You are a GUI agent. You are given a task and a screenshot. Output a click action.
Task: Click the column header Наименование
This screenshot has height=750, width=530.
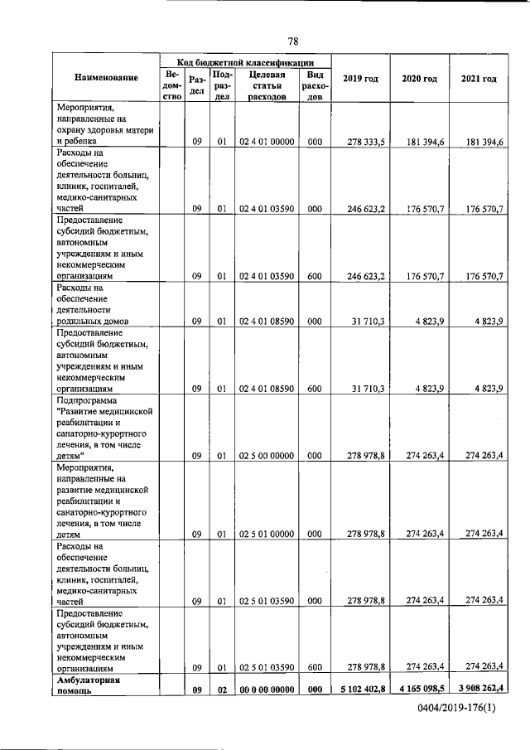[106, 78]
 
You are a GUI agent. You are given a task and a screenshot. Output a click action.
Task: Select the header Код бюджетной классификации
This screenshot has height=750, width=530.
[245, 62]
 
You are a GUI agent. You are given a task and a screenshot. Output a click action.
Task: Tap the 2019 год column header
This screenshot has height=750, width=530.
[360, 78]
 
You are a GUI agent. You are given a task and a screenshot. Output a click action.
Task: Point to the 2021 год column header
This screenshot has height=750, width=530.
[479, 78]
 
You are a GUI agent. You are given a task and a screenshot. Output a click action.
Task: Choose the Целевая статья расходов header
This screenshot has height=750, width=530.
[267, 85]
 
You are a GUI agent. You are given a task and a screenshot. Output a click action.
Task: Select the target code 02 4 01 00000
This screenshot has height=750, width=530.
[267, 143]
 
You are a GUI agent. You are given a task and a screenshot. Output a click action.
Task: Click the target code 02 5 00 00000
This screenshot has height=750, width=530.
[267, 455]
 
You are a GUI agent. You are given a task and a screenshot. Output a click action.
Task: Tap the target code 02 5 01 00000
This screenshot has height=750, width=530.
[267, 535]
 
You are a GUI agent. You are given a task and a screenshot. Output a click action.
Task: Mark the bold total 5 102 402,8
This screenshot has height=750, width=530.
[358, 687]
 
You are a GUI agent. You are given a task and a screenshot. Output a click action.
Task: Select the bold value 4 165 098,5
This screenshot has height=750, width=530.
[419, 687]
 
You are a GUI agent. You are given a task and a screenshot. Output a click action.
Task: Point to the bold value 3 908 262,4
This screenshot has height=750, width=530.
[478, 687]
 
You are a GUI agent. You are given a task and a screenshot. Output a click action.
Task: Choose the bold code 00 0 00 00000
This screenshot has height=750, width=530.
[267, 688]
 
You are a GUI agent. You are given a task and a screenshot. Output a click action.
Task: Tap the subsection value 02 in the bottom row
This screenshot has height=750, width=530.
[222, 688]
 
